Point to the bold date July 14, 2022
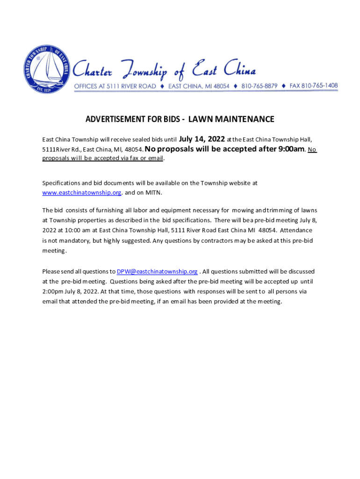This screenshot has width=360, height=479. [x=202, y=138]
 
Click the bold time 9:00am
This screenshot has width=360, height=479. [x=289, y=149]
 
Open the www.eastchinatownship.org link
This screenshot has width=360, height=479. [x=82, y=192]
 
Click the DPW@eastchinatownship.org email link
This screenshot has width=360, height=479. [x=157, y=271]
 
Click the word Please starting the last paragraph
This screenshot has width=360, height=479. [x=51, y=271]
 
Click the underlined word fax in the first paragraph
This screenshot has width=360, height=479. [x=139, y=159]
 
